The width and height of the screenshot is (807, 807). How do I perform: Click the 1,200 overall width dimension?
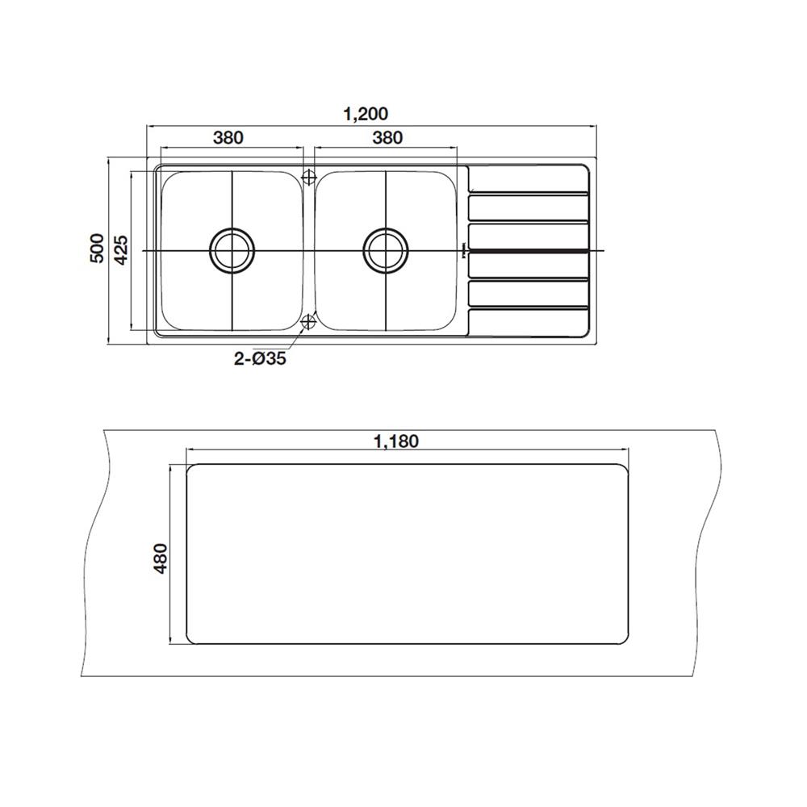(366, 114)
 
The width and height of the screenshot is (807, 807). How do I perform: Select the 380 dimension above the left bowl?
(228, 137)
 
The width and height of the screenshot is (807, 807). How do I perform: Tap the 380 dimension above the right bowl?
(387, 137)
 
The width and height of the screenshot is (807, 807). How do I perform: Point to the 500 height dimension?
(97, 248)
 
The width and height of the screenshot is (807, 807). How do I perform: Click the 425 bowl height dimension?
(122, 249)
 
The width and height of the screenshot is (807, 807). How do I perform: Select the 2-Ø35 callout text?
(260, 358)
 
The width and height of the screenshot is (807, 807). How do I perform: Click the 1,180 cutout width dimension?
(396, 441)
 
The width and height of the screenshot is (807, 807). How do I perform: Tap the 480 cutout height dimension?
(161, 558)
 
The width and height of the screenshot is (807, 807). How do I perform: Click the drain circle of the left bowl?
(232, 251)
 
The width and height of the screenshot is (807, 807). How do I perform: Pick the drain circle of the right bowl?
(386, 251)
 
